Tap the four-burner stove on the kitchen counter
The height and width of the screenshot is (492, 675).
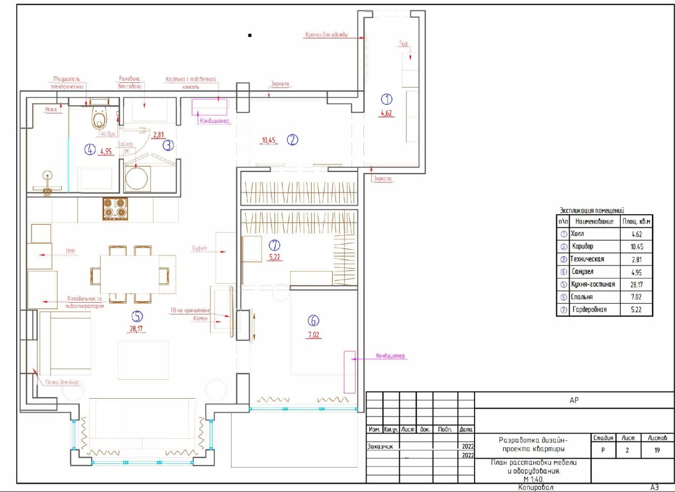tap(115, 209)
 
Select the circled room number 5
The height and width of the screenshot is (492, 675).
tap(137, 316)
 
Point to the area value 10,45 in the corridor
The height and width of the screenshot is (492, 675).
tap(269, 140)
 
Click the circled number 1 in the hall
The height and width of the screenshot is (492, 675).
tap(387, 99)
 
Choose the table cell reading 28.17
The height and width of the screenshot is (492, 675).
tap(636, 285)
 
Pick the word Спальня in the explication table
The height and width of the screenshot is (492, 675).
tap(582, 297)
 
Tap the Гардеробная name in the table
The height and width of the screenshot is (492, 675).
tap(589, 310)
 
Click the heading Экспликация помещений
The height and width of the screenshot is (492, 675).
tap(592, 210)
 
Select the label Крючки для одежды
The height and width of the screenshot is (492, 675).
tap(326, 35)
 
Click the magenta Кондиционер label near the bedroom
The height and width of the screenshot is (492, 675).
tap(390, 356)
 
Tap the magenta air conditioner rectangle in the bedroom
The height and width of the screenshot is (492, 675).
tap(350, 372)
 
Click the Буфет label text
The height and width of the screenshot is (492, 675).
tap(199, 247)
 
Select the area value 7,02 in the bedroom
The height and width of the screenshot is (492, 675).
tap(315, 334)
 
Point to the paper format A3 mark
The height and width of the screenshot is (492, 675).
tap(655, 488)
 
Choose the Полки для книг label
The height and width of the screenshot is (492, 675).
tap(60, 383)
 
